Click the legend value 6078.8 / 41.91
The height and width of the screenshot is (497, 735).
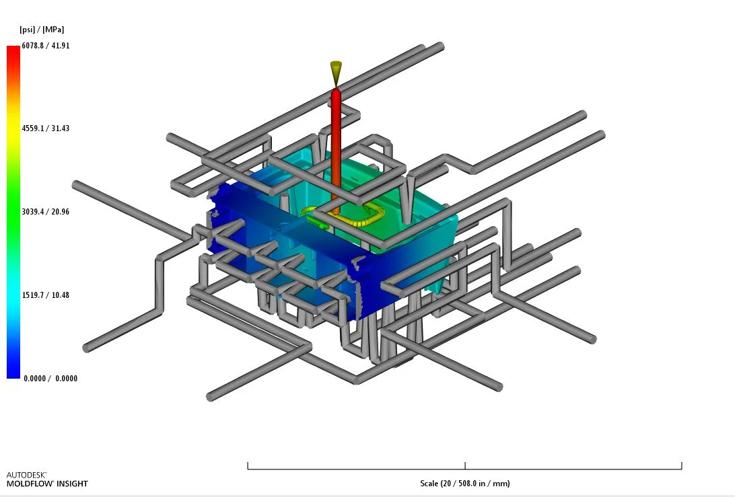pos(46,46)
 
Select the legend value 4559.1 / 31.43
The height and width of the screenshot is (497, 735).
pos(46,128)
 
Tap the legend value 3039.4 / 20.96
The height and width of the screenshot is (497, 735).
pos(46,212)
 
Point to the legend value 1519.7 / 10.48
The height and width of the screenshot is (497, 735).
pos(46,295)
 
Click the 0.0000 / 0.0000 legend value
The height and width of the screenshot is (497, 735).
pos(50,379)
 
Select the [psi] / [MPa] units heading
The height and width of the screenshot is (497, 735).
pos(42,30)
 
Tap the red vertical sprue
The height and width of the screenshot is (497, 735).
pos(336,150)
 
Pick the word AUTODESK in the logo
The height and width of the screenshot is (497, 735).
pos(26,475)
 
